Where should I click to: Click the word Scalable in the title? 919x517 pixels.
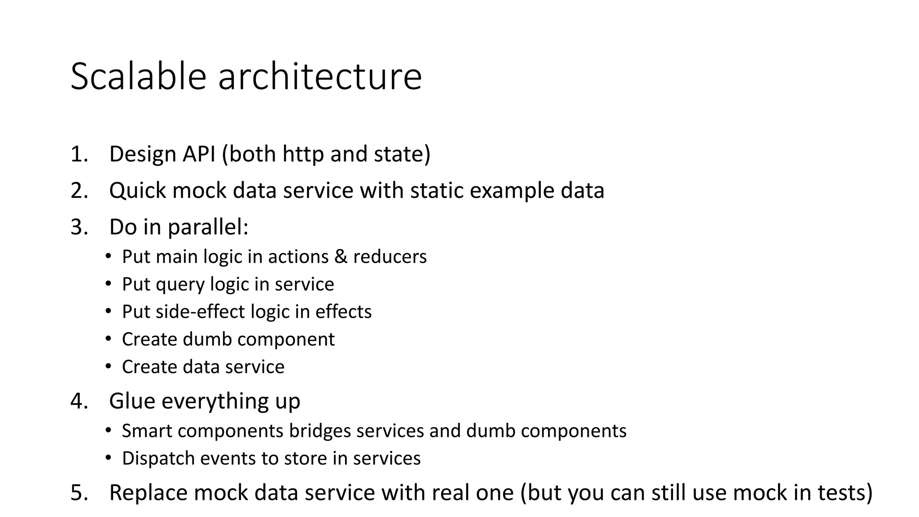(x=138, y=76)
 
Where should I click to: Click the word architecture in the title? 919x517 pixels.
(x=320, y=76)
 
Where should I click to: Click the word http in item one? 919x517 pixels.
(x=303, y=154)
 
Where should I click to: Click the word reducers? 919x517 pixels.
(x=390, y=257)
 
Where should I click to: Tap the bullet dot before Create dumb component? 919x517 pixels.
(x=108, y=339)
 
